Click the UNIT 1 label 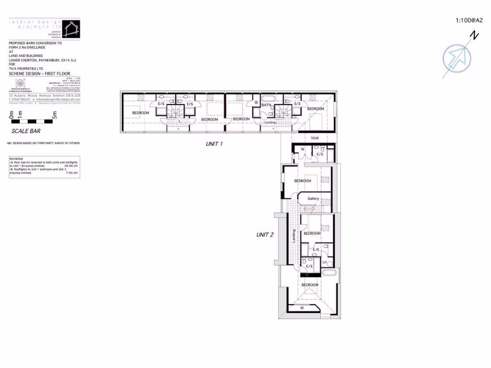coord(214,144)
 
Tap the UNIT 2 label coord(265,235)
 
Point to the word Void coord(315,138)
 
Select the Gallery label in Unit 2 coord(313,199)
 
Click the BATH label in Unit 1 coord(267,104)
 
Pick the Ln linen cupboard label coord(324,262)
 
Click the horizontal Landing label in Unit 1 coord(270,123)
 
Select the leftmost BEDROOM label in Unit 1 coord(140,113)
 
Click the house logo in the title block coord(70,29)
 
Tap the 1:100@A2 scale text coord(468,21)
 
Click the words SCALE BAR coord(26,130)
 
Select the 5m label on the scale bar coord(55,115)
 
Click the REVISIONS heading coord(17,158)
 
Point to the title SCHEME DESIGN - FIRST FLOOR coord(34,74)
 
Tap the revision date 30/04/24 coord(71,166)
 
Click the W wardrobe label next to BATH coord(256,102)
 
